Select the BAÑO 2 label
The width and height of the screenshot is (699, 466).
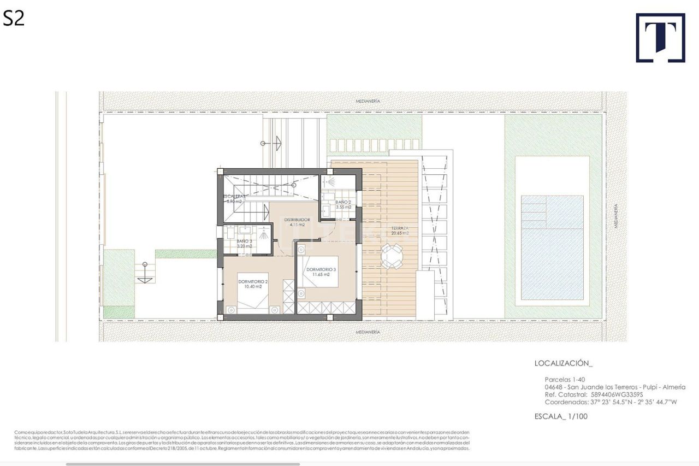click(343, 205)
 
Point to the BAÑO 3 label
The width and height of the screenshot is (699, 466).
click(244, 244)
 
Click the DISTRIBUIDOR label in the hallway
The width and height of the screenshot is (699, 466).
click(297, 222)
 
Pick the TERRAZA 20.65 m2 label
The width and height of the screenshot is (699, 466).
click(400, 231)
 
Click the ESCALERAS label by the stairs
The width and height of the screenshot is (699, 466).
click(235, 198)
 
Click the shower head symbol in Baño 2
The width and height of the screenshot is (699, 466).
click(329, 181)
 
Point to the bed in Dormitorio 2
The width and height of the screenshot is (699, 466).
click(252, 292)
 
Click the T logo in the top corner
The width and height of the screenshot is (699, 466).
click(660, 38)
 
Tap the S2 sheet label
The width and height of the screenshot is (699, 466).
click(14, 19)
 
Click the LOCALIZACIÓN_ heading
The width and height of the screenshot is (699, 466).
click(563, 363)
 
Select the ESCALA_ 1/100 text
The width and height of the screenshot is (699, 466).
click(561, 416)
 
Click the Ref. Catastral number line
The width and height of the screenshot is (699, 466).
click(594, 394)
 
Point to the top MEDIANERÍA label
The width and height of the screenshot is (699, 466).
click(368, 102)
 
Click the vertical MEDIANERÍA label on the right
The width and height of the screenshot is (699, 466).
click(616, 216)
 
